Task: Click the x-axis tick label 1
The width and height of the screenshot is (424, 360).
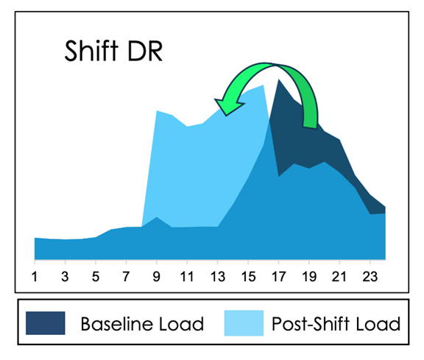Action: [35, 277]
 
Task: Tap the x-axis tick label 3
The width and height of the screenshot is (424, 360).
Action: [65, 277]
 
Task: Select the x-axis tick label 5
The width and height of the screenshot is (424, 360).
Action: [96, 277]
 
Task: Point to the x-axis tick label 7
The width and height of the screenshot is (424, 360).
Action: [126, 277]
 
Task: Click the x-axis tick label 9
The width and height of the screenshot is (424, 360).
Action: [157, 277]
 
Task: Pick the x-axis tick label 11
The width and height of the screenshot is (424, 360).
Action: [187, 277]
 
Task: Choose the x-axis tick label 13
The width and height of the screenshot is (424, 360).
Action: [218, 277]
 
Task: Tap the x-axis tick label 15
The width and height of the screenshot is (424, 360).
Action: [248, 277]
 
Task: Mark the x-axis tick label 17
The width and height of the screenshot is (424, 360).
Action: [279, 277]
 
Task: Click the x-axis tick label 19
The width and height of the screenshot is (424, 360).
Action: [309, 277]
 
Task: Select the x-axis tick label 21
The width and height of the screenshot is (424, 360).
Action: [339, 277]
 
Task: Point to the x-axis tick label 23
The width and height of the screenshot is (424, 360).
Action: [370, 277]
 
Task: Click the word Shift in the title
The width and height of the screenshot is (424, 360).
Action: [91, 51]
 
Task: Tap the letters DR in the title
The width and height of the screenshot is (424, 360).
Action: [145, 51]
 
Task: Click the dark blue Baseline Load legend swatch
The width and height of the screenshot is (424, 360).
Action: [46, 323]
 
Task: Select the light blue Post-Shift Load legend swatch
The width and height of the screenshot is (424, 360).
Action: [244, 323]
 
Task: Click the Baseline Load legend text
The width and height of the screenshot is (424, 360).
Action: [142, 324]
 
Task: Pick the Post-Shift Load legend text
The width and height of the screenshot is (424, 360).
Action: [336, 324]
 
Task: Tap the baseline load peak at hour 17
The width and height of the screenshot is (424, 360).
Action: [278, 80]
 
